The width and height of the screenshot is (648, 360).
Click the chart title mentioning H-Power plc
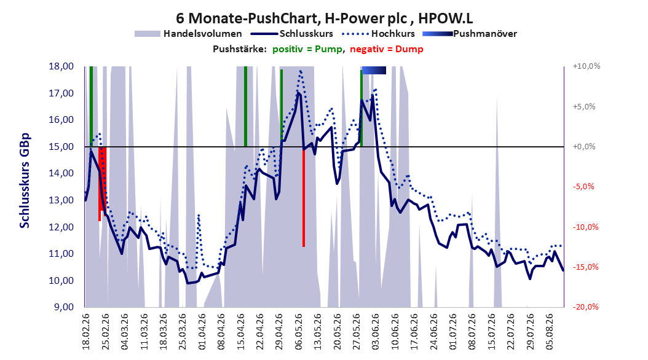point(325,18)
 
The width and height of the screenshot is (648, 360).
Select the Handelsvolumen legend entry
point(189,34)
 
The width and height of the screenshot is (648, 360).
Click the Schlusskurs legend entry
point(292,34)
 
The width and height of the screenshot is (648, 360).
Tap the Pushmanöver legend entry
point(470,34)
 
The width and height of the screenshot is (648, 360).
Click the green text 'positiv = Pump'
point(307,49)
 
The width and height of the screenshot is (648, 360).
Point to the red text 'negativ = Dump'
point(387,49)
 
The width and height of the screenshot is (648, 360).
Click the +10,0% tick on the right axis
point(587,66)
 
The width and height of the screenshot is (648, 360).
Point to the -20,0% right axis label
point(586,307)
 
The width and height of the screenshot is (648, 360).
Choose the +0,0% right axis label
point(584,147)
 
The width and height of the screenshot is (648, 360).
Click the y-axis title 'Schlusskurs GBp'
point(25,181)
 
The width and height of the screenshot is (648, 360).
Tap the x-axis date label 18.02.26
point(85,332)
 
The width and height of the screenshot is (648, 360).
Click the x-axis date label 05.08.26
point(549,332)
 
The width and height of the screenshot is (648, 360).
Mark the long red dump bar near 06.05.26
point(304,197)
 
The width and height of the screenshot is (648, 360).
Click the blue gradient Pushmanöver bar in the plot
point(374,70)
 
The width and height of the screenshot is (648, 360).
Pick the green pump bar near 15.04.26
point(245,106)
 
